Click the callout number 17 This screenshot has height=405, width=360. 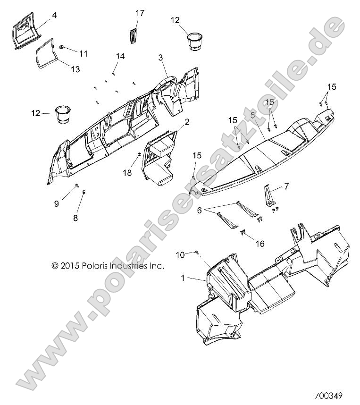click(x=140, y=13)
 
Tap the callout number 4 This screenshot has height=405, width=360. click(x=54, y=15)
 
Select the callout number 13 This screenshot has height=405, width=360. click(x=75, y=69)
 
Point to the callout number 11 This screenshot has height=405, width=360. click(x=83, y=54)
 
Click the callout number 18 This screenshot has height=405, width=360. click(x=127, y=173)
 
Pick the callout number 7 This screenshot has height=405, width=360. click(x=286, y=186)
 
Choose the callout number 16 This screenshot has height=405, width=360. click(x=260, y=244)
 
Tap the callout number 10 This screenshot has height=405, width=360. click(x=180, y=255)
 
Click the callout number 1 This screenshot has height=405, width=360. click(x=183, y=278)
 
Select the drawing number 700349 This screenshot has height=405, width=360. click(x=328, y=396)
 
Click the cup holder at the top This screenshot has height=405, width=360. click(x=194, y=42)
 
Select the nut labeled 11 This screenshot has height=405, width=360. click(x=61, y=47)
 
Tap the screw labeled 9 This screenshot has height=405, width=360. click(x=77, y=185)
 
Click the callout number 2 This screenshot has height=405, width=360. click(x=187, y=122)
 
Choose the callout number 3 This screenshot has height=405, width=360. click(x=160, y=57)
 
